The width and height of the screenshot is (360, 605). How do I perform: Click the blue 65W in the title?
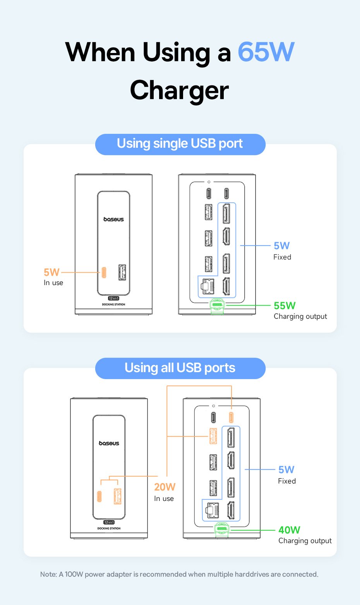[266, 52]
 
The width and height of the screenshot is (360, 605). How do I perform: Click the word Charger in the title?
[180, 91]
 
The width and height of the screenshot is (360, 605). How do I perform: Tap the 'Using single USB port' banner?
[180, 144]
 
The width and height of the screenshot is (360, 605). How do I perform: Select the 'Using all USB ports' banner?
[180, 368]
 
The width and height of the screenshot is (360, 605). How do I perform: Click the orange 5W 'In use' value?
[51, 272]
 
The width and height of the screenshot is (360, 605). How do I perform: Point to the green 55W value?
[285, 306]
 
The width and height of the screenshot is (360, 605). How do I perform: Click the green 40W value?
[289, 530]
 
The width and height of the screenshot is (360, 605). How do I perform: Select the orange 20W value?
[165, 487]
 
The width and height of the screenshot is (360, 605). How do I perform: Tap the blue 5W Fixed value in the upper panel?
[281, 246]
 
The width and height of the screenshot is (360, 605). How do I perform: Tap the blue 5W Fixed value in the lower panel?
[286, 470]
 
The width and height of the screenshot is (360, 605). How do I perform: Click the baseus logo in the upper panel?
[113, 219]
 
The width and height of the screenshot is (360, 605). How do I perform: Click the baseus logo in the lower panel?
[109, 443]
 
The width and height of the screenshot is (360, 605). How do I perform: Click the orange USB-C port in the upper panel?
[104, 272]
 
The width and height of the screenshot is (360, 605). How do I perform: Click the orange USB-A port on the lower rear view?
[213, 436]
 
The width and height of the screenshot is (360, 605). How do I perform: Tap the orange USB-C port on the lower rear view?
[231, 417]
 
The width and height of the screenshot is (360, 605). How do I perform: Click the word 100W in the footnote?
[74, 574]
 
